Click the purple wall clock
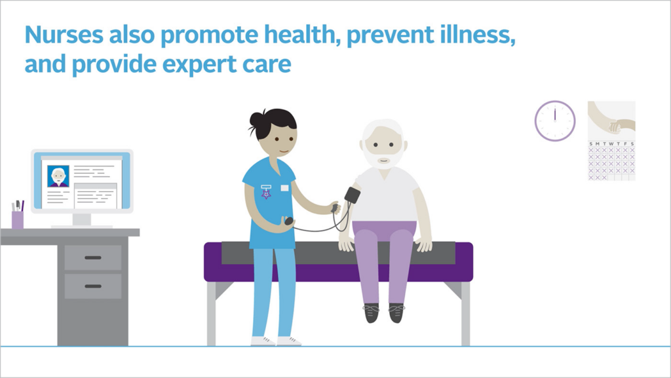[x=554, y=121]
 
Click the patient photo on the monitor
[x=58, y=176]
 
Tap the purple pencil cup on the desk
[x=18, y=219]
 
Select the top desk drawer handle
[x=93, y=257]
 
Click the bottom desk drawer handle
[x=93, y=286]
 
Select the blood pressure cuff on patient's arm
[x=352, y=195]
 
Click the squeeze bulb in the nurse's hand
[x=289, y=221]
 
